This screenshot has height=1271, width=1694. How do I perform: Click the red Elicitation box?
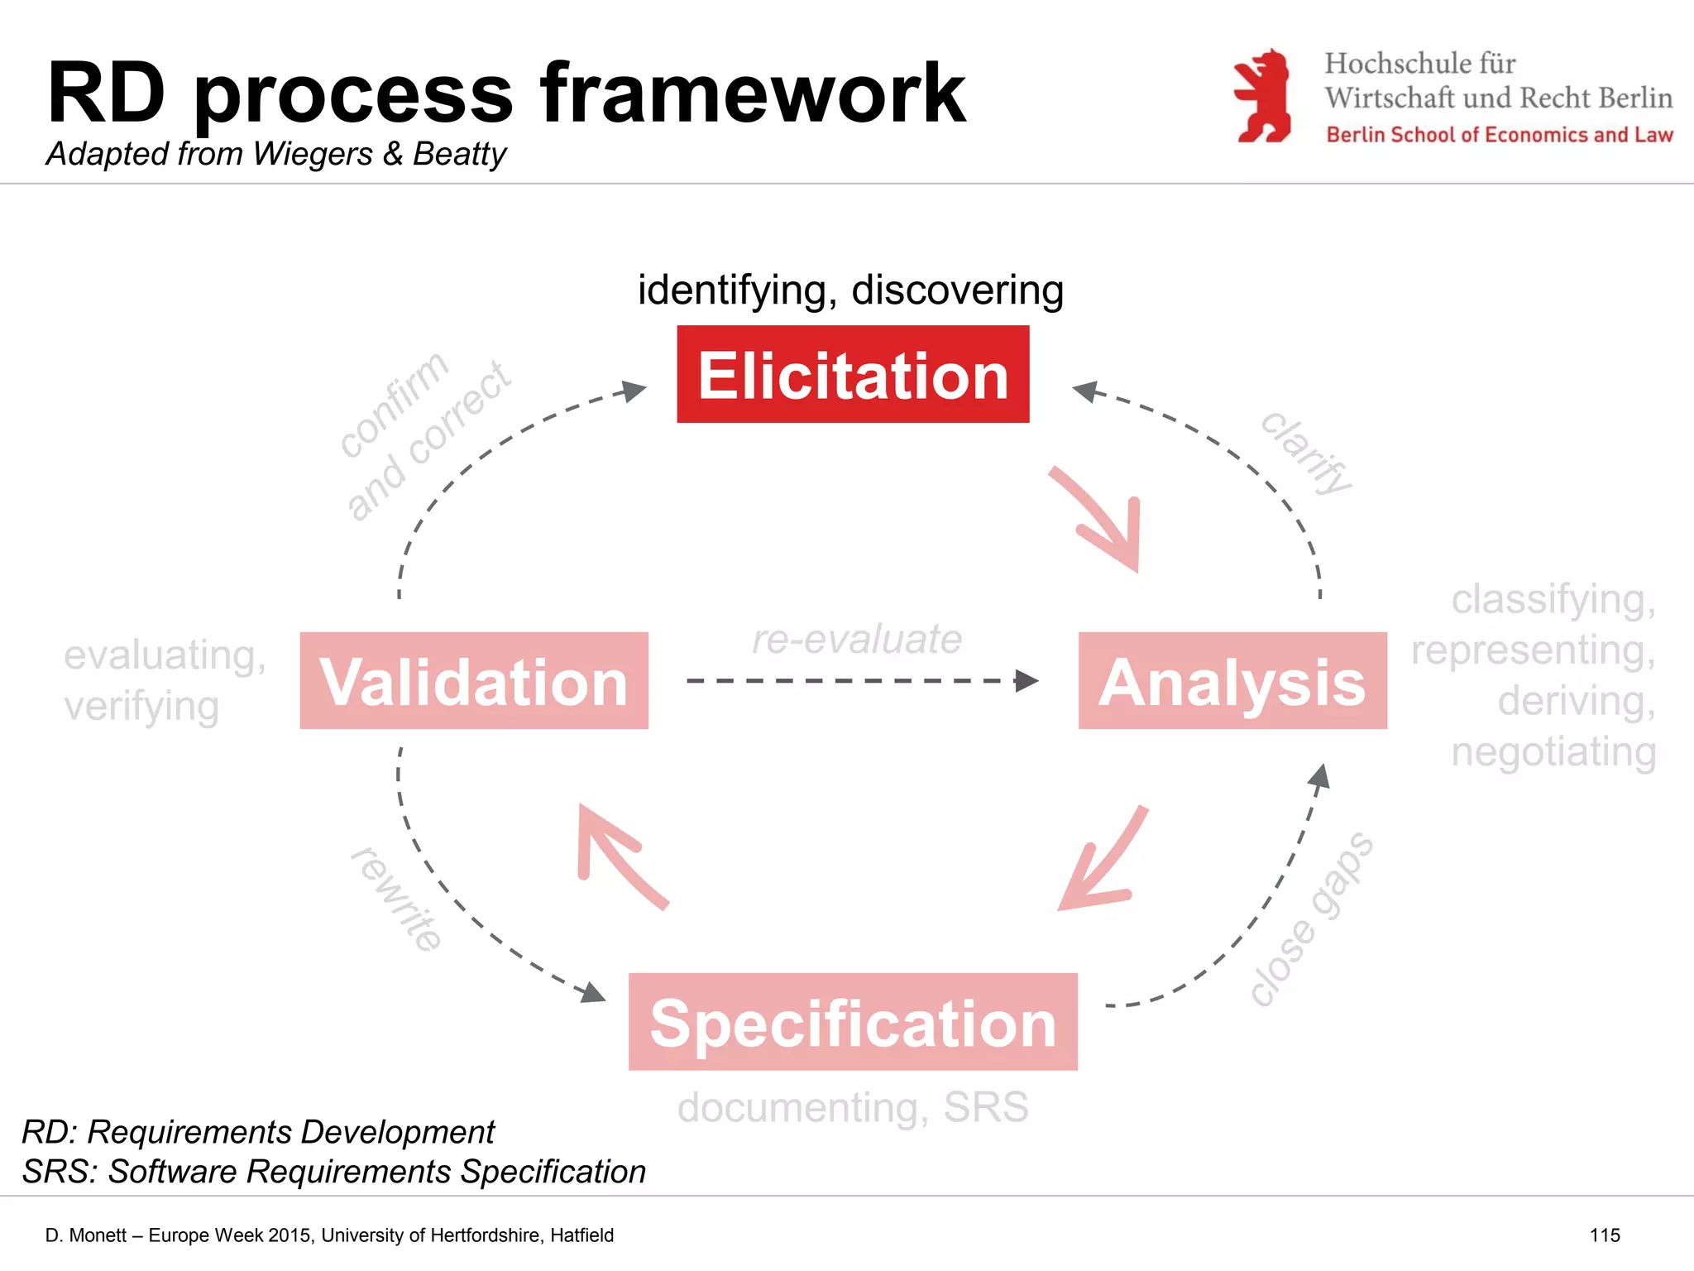[853, 374]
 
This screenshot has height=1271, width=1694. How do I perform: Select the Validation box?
[474, 681]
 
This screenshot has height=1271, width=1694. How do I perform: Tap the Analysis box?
[1232, 681]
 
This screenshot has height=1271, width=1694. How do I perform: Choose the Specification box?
[853, 1022]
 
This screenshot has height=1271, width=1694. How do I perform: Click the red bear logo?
[1263, 96]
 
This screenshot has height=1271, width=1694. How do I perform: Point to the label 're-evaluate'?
[857, 639]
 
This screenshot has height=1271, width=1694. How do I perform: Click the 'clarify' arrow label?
[1306, 453]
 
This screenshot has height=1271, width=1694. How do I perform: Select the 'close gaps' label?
[1311, 918]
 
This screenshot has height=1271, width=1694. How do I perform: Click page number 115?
[1605, 1235]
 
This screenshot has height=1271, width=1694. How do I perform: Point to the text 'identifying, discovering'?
[850, 290]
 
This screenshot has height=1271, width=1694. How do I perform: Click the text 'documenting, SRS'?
[853, 1107]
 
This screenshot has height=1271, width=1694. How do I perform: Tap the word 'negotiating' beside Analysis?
[1553, 752]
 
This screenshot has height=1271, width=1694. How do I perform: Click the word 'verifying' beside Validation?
[141, 707]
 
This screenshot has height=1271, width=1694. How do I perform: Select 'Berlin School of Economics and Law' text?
[1499, 135]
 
